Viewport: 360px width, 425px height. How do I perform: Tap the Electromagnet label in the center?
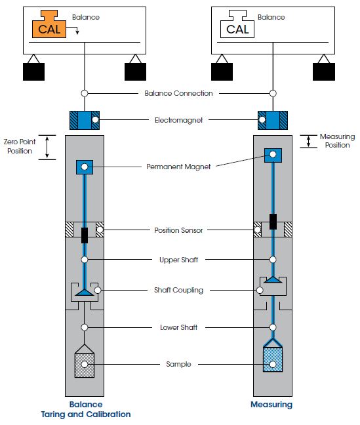pyautogui.click(x=178, y=120)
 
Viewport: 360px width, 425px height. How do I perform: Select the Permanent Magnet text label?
pyautogui.click(x=178, y=167)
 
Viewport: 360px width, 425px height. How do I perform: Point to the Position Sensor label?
pyautogui.click(x=178, y=230)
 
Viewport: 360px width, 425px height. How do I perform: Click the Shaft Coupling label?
pyautogui.click(x=178, y=290)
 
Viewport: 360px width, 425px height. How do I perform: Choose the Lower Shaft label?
pyautogui.click(x=178, y=327)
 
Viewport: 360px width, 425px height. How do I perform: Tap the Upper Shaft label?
pyautogui.click(x=178, y=260)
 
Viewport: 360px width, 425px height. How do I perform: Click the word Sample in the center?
pyautogui.click(x=178, y=364)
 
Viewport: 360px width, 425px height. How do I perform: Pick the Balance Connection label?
pyautogui.click(x=178, y=93)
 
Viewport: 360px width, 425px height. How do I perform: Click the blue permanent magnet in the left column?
pyautogui.click(x=85, y=167)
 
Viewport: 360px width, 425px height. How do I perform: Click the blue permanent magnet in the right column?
pyautogui.click(x=273, y=155)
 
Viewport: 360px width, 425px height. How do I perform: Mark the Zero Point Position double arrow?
pyautogui.click(x=47, y=147)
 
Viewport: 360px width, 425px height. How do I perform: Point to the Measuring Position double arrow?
pyautogui.click(x=308, y=142)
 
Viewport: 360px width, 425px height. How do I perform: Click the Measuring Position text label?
pyautogui.click(x=337, y=140)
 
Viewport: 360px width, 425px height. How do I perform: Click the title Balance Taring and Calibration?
pyautogui.click(x=86, y=409)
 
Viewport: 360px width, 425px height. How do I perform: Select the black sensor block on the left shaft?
pyautogui.click(x=85, y=235)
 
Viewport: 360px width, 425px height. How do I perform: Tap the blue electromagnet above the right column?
pyautogui.click(x=273, y=120)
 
